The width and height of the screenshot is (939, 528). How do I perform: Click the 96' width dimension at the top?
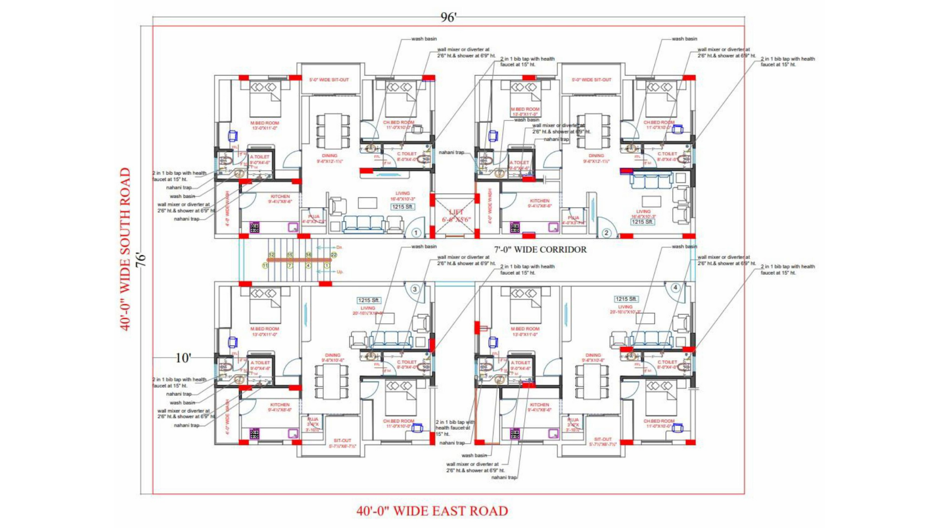[448, 18]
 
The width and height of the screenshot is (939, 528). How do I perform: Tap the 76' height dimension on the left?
[141, 259]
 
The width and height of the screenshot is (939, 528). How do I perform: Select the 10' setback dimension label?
[183, 358]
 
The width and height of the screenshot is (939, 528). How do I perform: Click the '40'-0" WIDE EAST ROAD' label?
[432, 511]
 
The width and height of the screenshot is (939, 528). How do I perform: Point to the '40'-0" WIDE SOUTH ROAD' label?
[126, 249]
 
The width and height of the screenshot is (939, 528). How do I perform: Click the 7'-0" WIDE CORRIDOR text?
[540, 249]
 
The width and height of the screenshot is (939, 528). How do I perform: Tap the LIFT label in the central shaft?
[456, 212]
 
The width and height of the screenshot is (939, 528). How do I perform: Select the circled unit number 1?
[416, 233]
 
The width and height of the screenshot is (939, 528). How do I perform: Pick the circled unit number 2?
[606, 233]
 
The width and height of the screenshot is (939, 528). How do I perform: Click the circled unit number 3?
[415, 289]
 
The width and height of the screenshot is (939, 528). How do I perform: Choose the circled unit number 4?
[675, 287]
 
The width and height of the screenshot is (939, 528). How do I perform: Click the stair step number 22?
[334, 255]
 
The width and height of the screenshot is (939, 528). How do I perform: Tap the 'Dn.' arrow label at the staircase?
[339, 247]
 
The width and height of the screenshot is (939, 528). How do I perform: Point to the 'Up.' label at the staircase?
[339, 272]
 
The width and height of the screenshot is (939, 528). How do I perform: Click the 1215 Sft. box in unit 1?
[402, 207]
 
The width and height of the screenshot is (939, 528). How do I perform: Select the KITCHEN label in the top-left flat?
[280, 197]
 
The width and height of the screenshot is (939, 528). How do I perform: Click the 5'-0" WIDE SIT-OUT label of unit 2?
[591, 80]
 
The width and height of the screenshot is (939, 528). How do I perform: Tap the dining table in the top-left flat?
[333, 131]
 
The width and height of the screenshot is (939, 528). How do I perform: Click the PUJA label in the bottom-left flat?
[313, 419]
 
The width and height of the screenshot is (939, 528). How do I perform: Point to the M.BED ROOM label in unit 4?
[525, 329]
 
